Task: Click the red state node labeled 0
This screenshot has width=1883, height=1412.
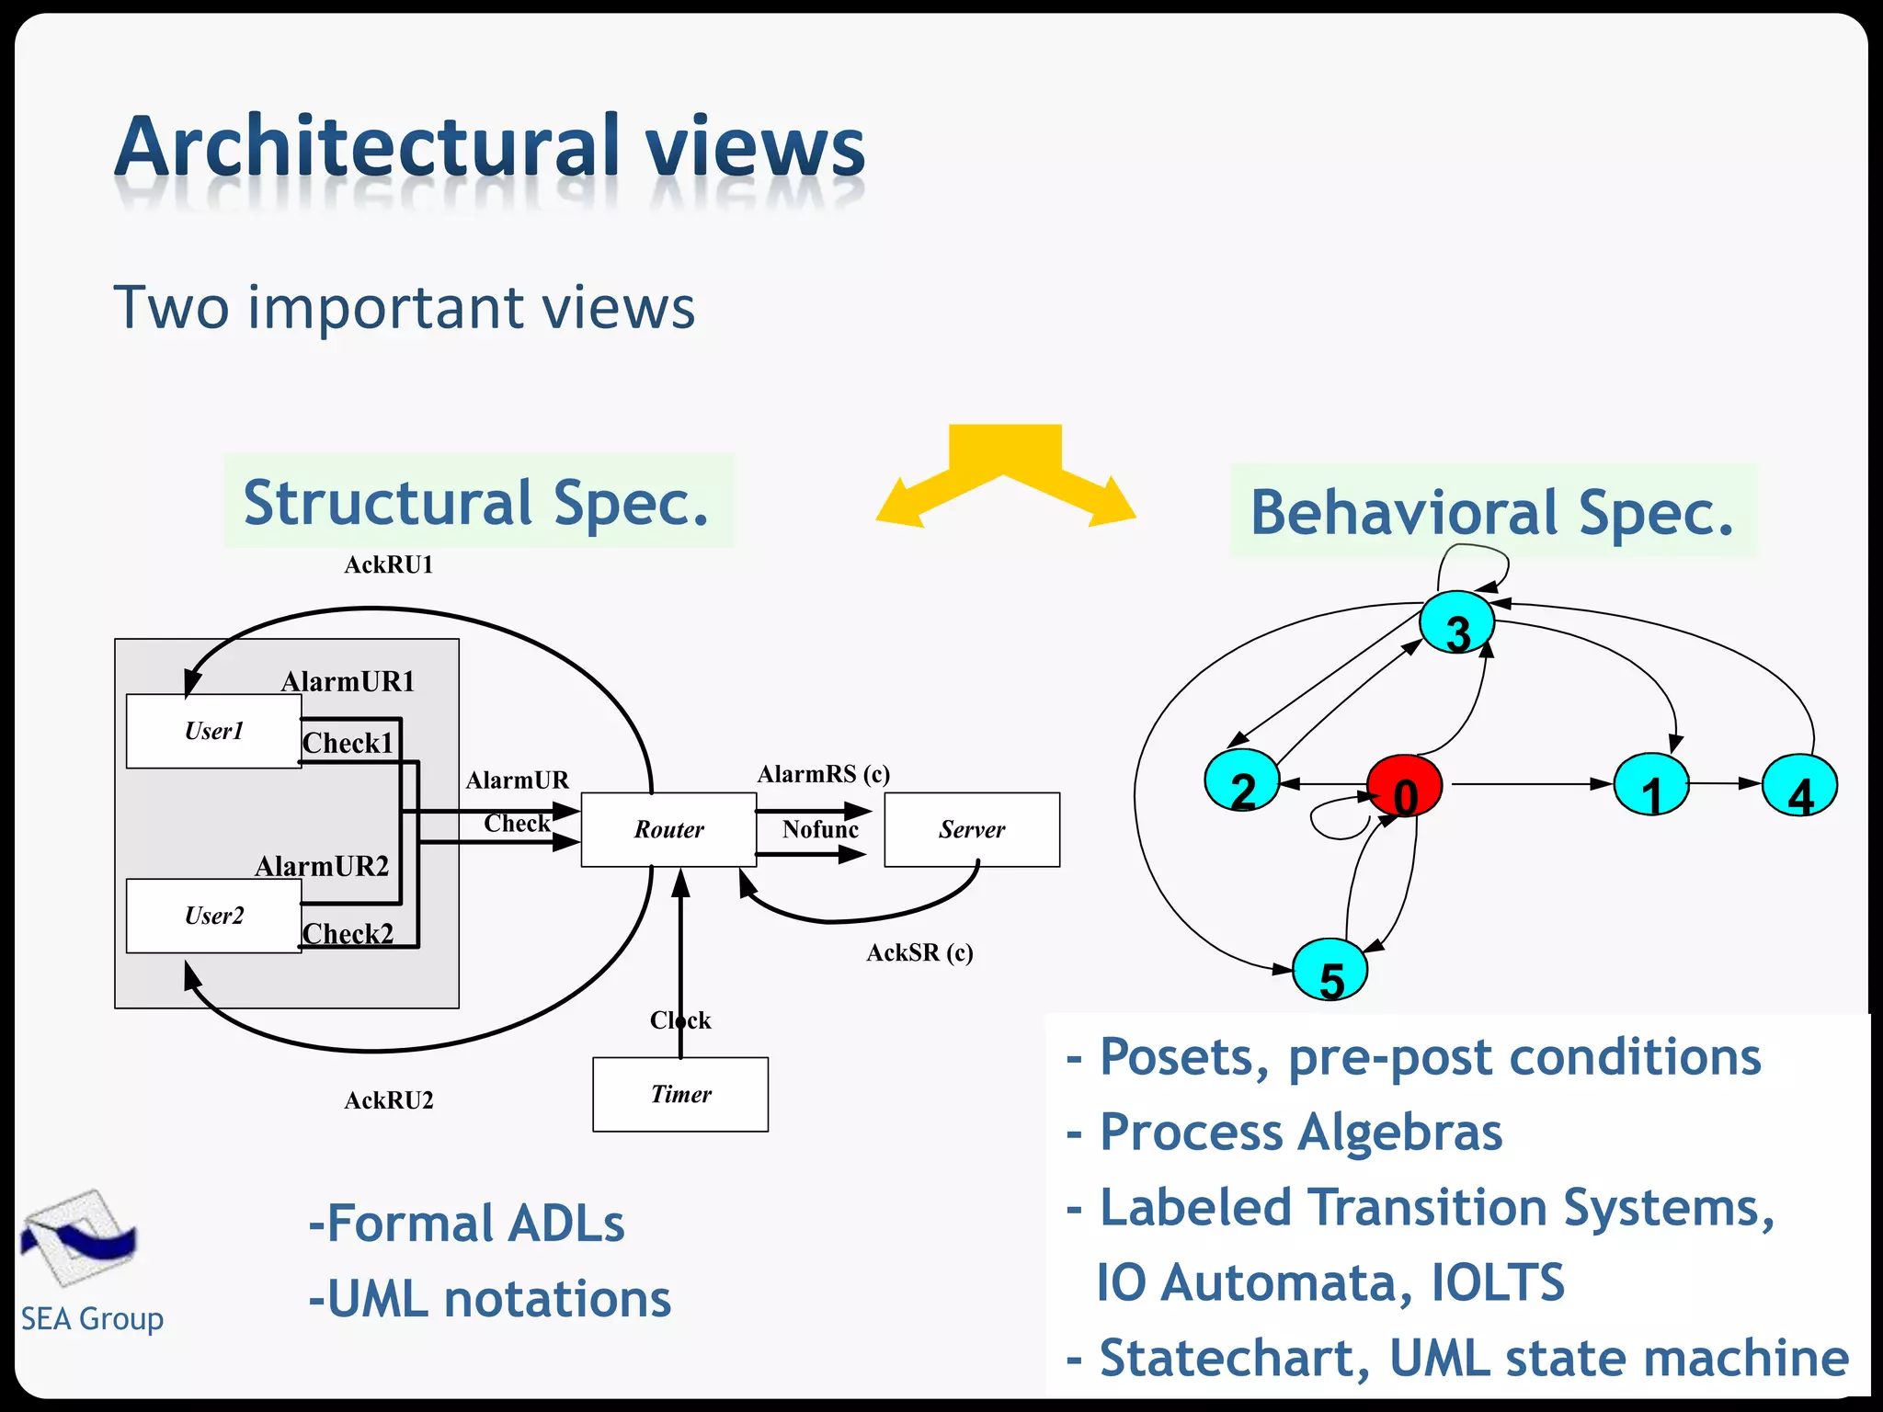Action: [x=1404, y=786]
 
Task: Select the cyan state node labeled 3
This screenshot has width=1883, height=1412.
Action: [x=1456, y=624]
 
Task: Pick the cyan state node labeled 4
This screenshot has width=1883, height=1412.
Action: [x=1799, y=786]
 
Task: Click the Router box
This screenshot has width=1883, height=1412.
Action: [x=668, y=829]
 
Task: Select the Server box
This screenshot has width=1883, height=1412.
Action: [x=972, y=829]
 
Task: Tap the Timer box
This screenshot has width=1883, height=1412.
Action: [x=680, y=1094]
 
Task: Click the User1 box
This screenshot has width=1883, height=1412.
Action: [x=213, y=731]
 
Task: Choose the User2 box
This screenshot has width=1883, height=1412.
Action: [x=213, y=916]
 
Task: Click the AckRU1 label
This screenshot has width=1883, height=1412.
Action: [x=388, y=564]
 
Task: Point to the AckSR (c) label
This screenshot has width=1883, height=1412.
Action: [x=919, y=952]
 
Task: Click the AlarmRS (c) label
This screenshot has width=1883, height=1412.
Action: [x=823, y=774]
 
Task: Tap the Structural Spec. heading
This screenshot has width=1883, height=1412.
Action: [x=478, y=502]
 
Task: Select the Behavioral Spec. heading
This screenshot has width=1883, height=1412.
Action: [x=1492, y=512]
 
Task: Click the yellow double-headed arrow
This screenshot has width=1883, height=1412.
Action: [x=1005, y=475]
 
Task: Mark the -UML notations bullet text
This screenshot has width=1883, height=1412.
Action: [x=490, y=1299]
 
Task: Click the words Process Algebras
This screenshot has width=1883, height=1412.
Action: [x=1301, y=1132]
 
